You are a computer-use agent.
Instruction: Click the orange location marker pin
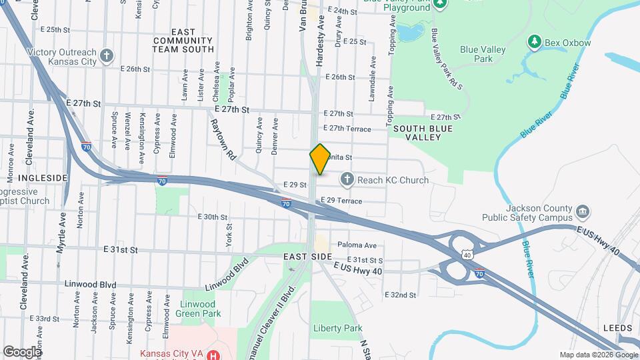(320, 159)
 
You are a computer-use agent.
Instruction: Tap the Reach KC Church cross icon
(346, 179)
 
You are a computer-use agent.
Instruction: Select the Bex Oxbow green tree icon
(534, 43)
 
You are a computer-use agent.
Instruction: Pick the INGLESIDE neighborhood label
(43, 178)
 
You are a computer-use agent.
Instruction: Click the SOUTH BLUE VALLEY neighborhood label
(418, 132)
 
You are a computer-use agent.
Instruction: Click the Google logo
(22, 351)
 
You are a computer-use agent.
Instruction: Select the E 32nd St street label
(400, 295)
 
